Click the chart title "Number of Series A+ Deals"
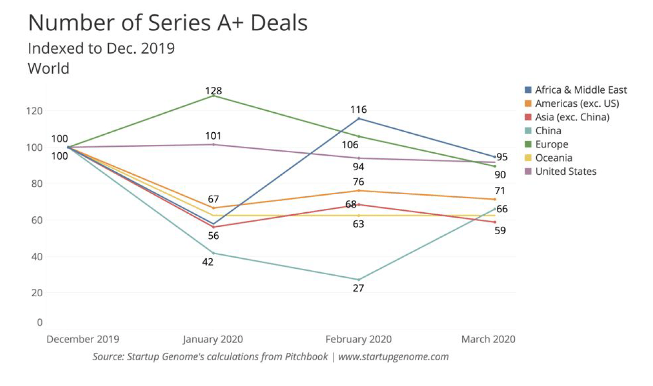tap(167, 23)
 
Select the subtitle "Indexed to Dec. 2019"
tap(101, 49)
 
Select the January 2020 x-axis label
tap(213, 339)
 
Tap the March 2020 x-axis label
tap(489, 339)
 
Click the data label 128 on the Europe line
tap(213, 91)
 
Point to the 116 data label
tap(358, 110)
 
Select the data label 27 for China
tap(359, 288)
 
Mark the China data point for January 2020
tap(213, 253)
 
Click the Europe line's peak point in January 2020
tap(213, 96)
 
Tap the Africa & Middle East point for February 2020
tap(359, 119)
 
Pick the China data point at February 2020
tap(359, 280)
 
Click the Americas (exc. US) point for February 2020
tap(359, 190)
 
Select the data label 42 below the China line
tap(208, 262)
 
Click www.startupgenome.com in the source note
tap(393, 357)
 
